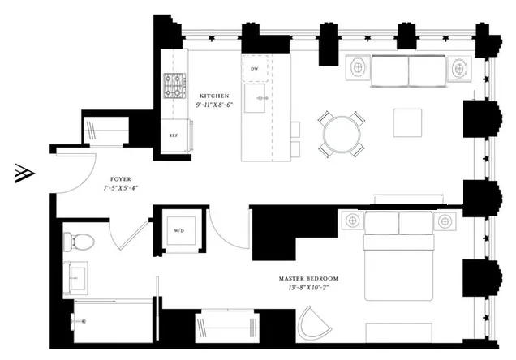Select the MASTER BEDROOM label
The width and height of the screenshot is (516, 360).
pyautogui.click(x=309, y=277)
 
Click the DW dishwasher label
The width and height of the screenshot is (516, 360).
pyautogui.click(x=255, y=68)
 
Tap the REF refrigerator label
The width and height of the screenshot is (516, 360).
pyautogui.click(x=174, y=135)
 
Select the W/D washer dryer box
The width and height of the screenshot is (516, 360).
pyautogui.click(x=178, y=229)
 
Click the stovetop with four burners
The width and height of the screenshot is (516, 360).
pyautogui.click(x=174, y=84)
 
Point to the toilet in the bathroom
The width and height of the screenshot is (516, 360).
pyautogui.click(x=78, y=241)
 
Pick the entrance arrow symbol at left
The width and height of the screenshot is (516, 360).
pyautogui.click(x=23, y=174)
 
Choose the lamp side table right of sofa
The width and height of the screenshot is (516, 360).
pyautogui.click(x=459, y=69)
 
